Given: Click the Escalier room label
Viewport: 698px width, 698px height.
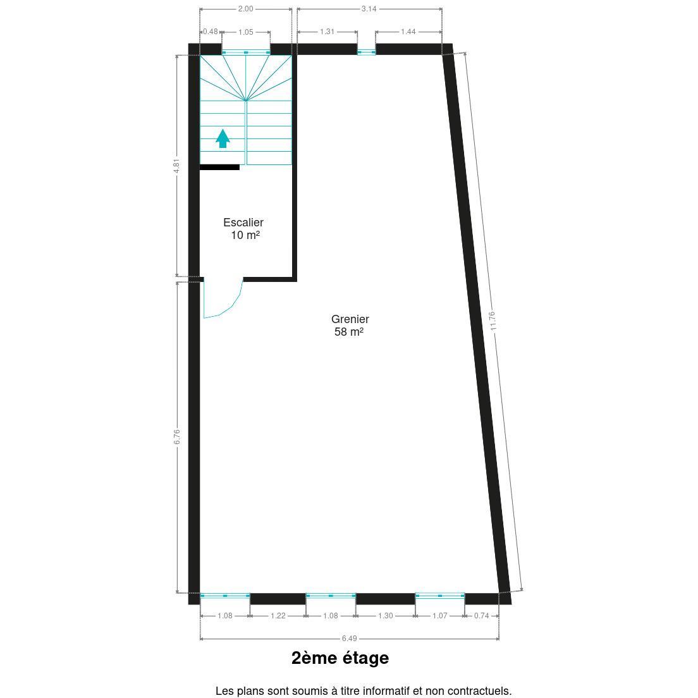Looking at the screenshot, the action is click(243, 229).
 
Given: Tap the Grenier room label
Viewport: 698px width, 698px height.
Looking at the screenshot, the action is click(350, 326).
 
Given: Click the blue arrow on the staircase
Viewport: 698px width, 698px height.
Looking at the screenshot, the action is click(223, 138).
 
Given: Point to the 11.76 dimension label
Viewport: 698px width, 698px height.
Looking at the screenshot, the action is click(493, 321).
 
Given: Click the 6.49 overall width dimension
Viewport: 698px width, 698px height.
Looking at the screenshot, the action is click(350, 639).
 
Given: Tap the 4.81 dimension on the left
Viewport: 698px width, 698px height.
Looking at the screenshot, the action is click(177, 166).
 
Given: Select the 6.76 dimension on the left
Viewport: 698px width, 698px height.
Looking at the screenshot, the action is click(177, 437).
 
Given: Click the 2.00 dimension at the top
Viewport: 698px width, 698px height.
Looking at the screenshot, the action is click(246, 8).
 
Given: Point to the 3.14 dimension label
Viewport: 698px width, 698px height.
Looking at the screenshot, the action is click(369, 8).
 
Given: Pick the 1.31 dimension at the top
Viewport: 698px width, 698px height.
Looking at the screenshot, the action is click(328, 32).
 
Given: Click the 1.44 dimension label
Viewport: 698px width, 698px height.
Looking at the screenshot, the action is click(408, 32).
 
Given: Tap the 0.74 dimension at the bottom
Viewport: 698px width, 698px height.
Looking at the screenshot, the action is click(482, 616).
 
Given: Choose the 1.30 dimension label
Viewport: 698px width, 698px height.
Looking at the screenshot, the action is click(386, 616).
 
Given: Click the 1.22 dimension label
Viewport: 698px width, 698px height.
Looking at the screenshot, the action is click(278, 616).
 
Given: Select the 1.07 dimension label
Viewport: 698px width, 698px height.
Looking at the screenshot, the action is click(440, 616).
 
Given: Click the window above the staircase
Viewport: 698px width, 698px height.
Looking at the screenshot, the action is click(246, 52).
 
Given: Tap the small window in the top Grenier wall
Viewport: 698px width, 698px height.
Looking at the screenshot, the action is click(366, 52).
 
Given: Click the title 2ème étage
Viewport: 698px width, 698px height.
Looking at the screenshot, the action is click(340, 658).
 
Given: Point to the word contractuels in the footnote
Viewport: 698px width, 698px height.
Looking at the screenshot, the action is click(479, 691).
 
